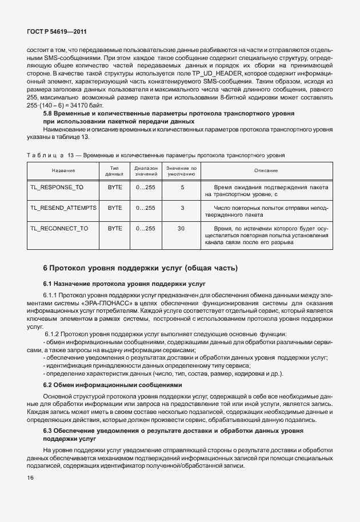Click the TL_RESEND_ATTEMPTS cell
(63, 208)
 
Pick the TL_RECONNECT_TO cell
(59, 228)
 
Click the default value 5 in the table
(182, 187)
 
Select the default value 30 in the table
(182, 228)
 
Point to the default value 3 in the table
(182, 208)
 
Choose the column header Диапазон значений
(146, 171)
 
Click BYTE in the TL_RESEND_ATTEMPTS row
(115, 208)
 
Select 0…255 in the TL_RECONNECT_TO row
(146, 228)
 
